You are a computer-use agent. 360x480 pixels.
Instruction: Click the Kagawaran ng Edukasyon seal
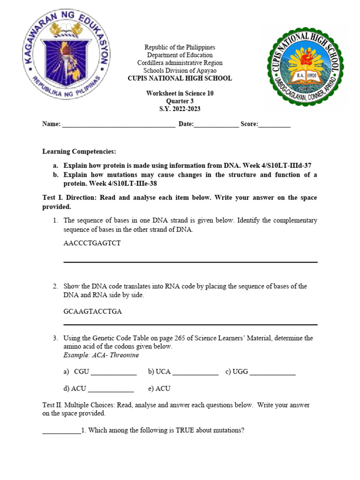66,59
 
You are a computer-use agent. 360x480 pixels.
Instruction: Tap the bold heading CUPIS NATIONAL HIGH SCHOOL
180,78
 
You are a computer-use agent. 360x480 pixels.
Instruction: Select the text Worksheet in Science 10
180,93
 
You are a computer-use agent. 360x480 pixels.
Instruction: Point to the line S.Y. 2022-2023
180,109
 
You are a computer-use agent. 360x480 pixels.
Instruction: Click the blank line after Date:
216,125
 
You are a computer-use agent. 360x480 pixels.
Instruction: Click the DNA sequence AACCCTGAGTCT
92,243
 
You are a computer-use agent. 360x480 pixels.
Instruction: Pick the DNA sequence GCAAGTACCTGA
92,311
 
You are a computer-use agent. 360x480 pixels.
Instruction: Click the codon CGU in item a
82,372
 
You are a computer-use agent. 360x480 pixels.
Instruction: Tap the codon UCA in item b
163,372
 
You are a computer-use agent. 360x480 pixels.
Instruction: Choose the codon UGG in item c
240,372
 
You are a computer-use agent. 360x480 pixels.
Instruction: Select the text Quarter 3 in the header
180,101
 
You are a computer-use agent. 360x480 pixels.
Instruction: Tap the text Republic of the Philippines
180,47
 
